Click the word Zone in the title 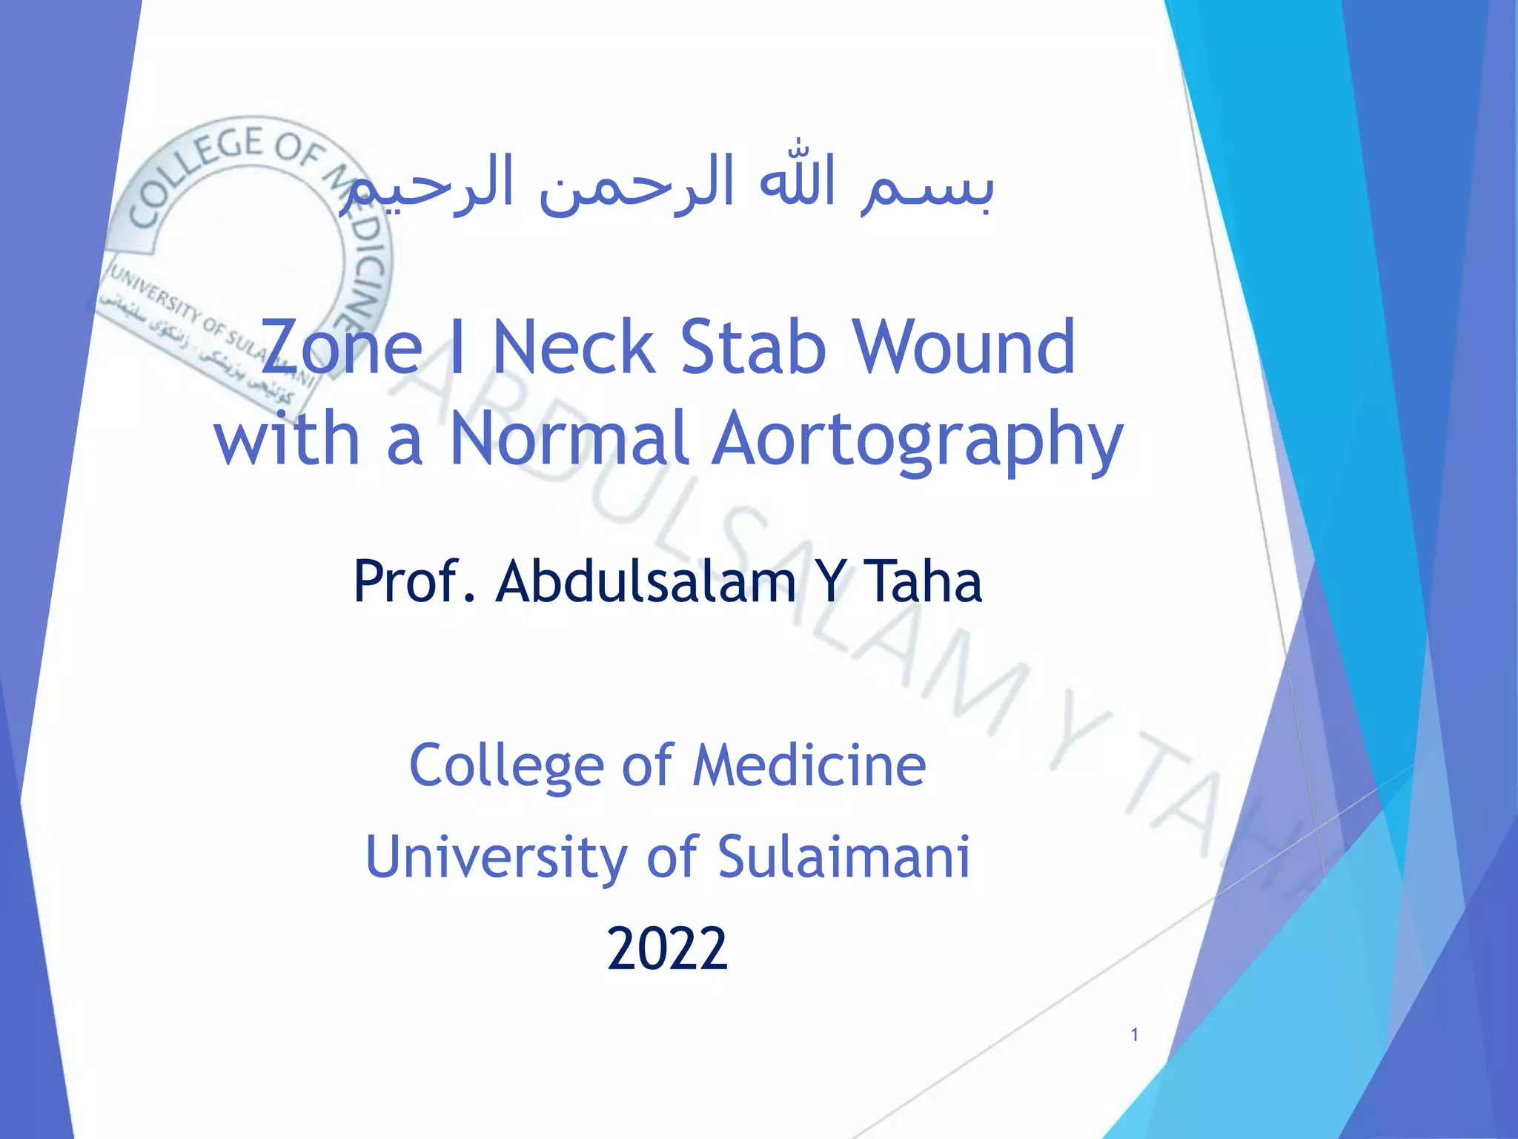[342, 347]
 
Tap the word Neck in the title [574, 347]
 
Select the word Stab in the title [752, 347]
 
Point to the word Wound [964, 347]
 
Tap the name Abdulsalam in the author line [645, 581]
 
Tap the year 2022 [667, 949]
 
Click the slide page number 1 [1134, 1035]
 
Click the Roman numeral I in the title [457, 347]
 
